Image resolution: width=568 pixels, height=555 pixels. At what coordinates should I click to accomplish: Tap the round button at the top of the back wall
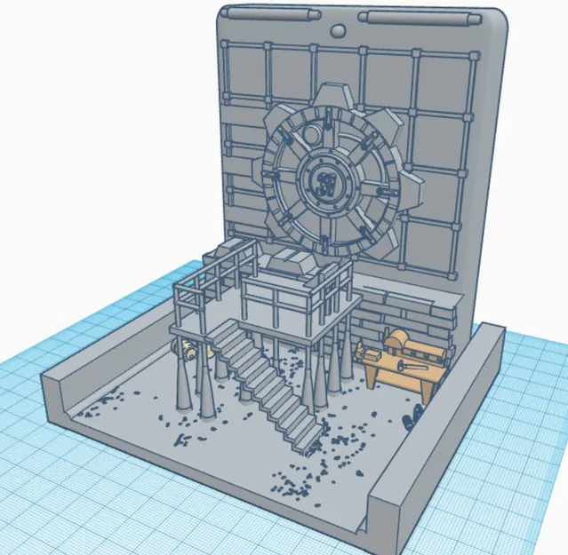(x=338, y=31)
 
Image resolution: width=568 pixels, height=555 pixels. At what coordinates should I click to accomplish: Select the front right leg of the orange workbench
(x=428, y=389)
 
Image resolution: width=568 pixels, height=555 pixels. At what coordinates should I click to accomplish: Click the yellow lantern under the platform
(x=189, y=348)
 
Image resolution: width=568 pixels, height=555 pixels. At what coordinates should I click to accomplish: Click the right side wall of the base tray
(x=436, y=426)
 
